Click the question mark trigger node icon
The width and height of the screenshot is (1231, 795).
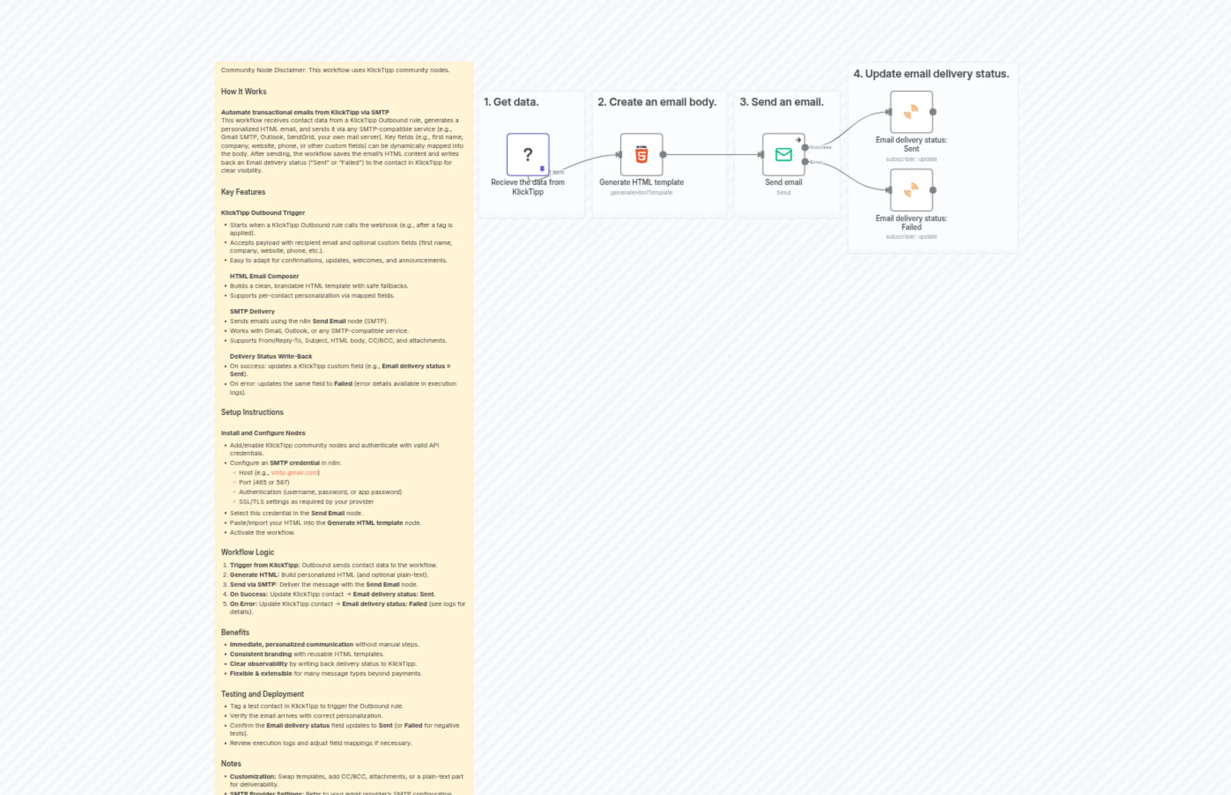(527, 154)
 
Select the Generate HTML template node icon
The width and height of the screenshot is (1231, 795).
(641, 154)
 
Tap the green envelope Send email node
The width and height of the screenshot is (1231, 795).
(783, 154)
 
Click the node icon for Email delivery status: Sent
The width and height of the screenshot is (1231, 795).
(911, 112)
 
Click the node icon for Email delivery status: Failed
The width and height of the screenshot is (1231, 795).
(911, 190)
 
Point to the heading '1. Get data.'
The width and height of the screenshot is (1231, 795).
(511, 102)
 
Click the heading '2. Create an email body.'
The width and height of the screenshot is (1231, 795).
(657, 102)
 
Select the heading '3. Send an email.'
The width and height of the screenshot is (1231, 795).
(781, 102)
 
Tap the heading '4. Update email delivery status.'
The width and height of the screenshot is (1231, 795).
(931, 74)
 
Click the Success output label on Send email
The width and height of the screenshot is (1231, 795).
(820, 148)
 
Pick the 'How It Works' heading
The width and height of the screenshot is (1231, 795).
(244, 91)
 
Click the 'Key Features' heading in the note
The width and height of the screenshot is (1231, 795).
(243, 192)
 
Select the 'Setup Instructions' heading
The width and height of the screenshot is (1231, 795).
(252, 412)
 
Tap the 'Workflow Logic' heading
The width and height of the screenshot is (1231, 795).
(247, 552)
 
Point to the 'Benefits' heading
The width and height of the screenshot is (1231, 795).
(235, 632)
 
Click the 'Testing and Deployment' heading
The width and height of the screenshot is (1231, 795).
(262, 694)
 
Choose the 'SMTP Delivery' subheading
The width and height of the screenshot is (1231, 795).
(252, 312)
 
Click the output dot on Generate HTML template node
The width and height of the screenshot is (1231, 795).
(663, 154)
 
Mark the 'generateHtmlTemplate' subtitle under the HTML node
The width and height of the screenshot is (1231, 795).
(641, 192)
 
